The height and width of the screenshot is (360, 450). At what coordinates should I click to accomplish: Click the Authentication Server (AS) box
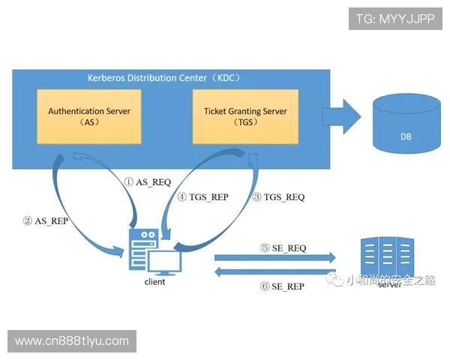(x=89, y=116)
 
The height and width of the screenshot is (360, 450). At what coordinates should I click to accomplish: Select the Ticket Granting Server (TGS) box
(x=245, y=116)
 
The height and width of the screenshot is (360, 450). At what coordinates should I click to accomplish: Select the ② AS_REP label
(x=46, y=221)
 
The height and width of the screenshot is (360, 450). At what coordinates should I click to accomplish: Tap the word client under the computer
(x=154, y=282)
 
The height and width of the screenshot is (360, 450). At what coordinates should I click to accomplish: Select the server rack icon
(x=387, y=257)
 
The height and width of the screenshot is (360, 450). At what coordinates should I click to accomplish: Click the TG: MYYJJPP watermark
(x=395, y=18)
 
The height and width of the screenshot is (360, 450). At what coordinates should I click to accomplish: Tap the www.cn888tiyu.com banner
(x=72, y=341)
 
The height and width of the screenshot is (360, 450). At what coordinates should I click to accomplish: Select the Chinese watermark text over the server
(x=379, y=280)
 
